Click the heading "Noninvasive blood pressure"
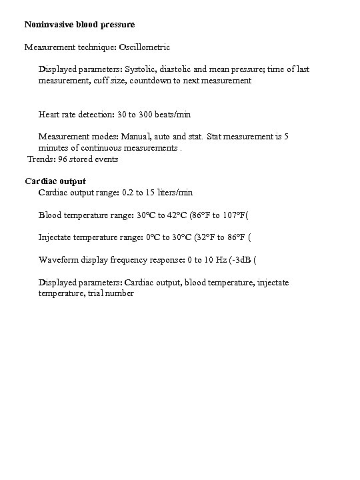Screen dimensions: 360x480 click(x=79, y=25)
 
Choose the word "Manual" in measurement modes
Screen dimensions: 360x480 click(x=130, y=137)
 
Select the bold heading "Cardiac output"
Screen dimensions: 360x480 click(x=55, y=181)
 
